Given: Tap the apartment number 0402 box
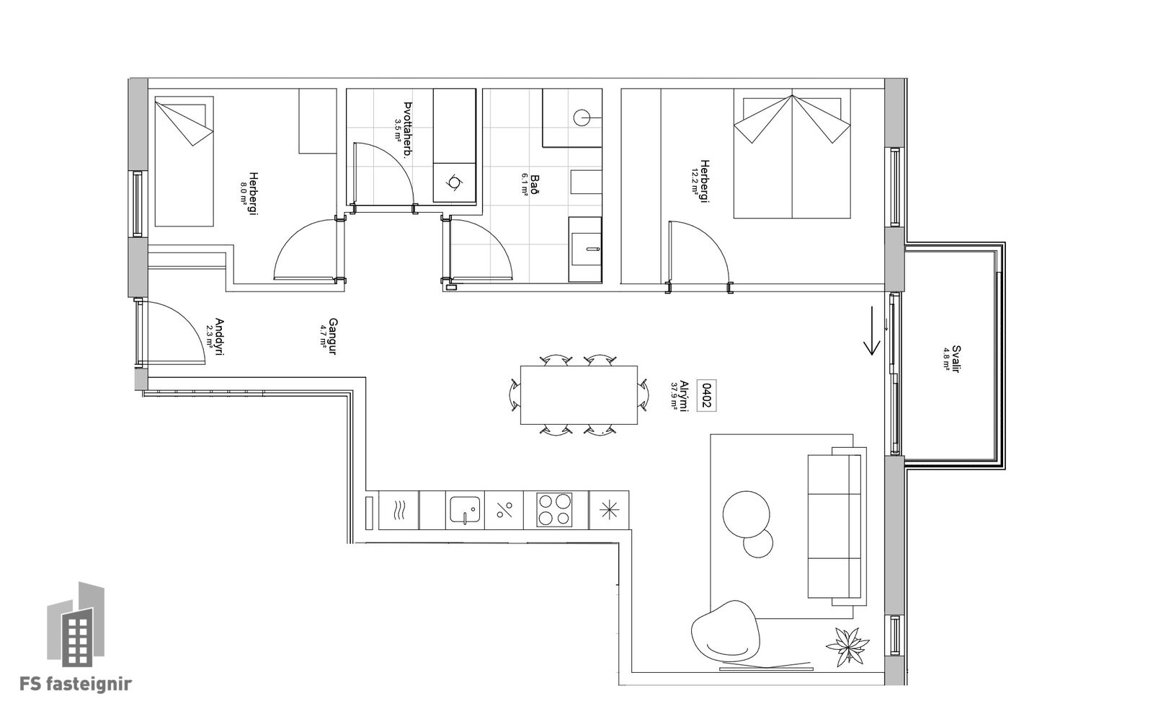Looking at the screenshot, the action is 706,396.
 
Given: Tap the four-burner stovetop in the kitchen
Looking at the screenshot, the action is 554,510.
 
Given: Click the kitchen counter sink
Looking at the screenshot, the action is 465,510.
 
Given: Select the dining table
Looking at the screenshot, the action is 579,395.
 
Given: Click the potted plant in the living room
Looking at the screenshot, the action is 847,646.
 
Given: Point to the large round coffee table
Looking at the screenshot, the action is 746,514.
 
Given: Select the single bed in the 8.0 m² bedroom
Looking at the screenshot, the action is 184,162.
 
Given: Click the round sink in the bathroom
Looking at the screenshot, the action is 582,118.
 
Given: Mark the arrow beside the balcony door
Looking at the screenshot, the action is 872,331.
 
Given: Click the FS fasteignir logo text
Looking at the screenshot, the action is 76,684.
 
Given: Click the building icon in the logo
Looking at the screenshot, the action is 76,625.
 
